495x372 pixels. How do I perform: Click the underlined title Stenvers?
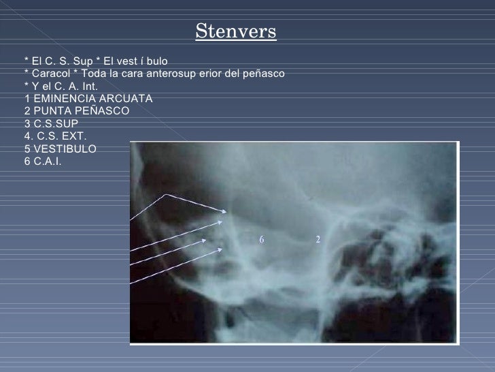coord(236,31)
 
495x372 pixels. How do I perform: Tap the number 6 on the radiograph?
coord(260,239)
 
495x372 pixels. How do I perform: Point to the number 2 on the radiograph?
coord(318,239)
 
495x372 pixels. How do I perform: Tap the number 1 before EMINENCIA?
coord(27,98)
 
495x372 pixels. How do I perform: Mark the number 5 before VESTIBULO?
coord(27,149)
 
